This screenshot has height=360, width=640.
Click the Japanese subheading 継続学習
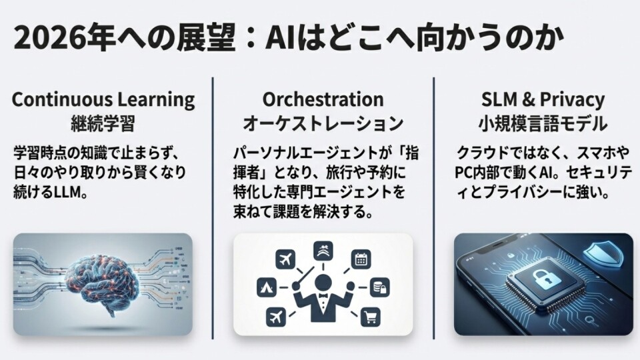pyautogui.click(x=103, y=124)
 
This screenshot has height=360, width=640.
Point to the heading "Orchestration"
pyautogui.click(x=323, y=100)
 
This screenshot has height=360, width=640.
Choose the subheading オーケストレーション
pyautogui.click(x=323, y=124)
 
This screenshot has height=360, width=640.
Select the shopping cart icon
pyautogui.click(x=370, y=317)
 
